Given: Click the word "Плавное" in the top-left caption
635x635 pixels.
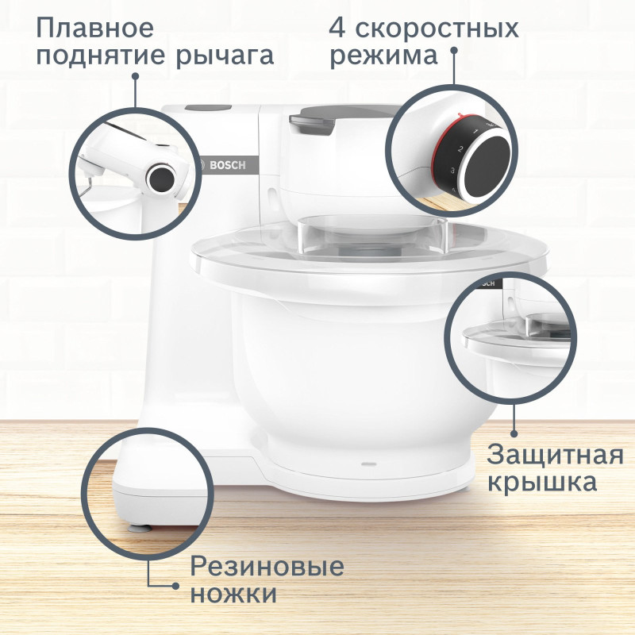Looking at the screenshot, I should point(94,28).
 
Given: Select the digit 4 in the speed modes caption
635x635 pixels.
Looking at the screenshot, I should point(338,28).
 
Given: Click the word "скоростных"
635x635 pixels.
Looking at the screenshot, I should point(437,28).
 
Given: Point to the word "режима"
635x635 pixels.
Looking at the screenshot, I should point(384,56).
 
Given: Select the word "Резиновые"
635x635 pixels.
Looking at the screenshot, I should point(267,567).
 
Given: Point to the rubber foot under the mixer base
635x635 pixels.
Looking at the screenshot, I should point(140,525).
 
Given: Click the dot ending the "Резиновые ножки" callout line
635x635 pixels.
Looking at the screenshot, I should point(175,585).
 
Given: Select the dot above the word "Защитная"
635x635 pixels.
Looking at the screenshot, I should point(514,433).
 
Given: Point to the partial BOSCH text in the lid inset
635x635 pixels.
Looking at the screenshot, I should point(484,283).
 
